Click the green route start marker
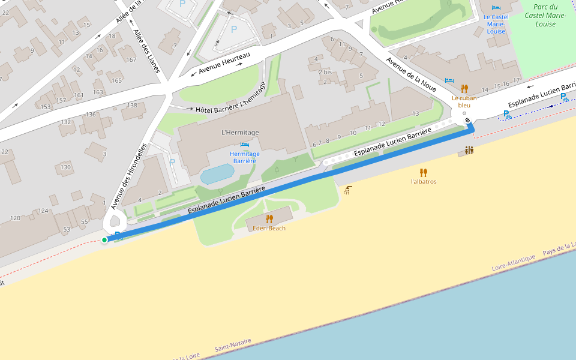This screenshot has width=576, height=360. coord(104,240)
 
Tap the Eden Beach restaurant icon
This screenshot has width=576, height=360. coord(269,219)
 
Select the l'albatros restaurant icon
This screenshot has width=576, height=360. coord(424,172)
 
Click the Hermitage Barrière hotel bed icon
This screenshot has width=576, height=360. coord(244,145)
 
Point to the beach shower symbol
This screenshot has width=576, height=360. coord(348,190)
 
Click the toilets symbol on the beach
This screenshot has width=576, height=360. coord(469,150)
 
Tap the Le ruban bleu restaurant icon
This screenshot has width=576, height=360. coord(464,88)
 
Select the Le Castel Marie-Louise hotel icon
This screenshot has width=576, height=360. coord(496,8)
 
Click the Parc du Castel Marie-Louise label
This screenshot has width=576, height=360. coord(541,16)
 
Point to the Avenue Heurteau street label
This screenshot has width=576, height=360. coord(224,62)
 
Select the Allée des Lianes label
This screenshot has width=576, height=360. coord(147,51)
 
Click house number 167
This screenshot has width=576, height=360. coord(131,59)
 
